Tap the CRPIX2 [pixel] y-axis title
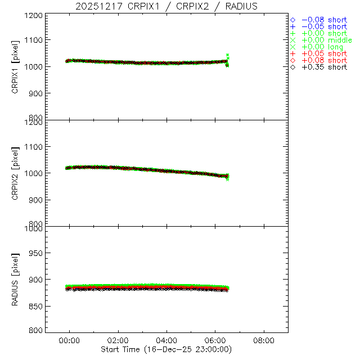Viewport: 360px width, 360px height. tap(15, 173)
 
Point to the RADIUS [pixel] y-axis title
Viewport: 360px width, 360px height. tap(15, 280)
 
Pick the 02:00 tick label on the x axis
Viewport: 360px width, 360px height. tap(118, 340)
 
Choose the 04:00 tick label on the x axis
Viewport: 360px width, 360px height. tap(166, 340)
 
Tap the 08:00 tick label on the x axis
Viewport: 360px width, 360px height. tap(264, 340)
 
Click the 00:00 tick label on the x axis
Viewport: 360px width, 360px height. tap(70, 340)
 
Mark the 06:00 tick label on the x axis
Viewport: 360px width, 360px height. tap(215, 340)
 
